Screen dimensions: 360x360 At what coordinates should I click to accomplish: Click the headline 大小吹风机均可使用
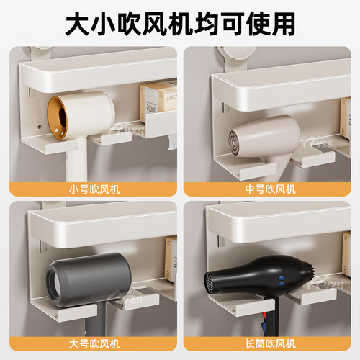(180, 23)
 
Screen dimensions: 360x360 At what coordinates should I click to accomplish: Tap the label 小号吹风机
(91, 189)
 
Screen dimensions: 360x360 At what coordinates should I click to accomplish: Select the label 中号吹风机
(269, 189)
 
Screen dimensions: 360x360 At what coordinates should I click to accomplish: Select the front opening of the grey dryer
(58, 277)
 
